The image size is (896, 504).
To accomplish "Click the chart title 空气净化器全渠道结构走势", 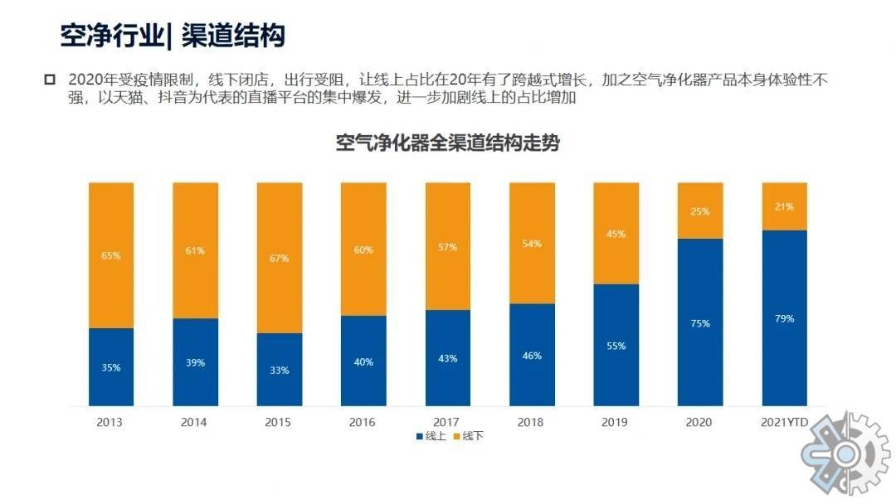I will [x=448, y=143].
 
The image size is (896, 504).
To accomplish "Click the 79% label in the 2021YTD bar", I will [x=784, y=318].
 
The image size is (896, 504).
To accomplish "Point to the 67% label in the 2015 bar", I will [x=279, y=259].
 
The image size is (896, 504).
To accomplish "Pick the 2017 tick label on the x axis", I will [x=447, y=422].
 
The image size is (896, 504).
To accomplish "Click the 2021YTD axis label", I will [x=784, y=422].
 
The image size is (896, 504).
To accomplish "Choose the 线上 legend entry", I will [x=430, y=436].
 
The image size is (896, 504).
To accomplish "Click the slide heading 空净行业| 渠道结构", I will [x=173, y=36].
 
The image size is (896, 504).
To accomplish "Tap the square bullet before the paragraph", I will [x=49, y=80].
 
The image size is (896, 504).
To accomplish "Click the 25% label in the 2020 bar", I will [x=699, y=211].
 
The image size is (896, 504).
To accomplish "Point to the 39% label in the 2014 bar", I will [x=195, y=362].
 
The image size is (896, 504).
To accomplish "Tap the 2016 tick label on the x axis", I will [x=363, y=422].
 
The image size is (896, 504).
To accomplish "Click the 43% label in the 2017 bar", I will [x=447, y=358].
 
